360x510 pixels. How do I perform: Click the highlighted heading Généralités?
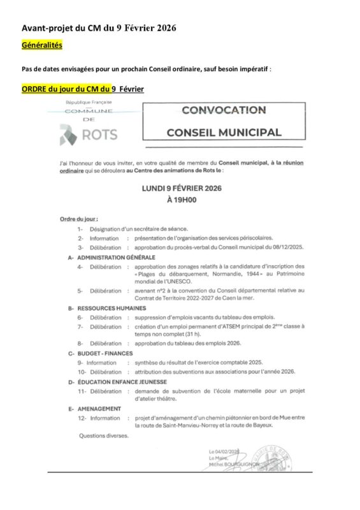point(42,46)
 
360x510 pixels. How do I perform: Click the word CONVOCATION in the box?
point(223,110)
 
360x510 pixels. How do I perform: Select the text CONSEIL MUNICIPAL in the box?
point(223,133)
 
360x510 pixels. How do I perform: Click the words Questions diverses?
point(103,436)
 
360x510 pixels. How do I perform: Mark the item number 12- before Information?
point(82,418)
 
